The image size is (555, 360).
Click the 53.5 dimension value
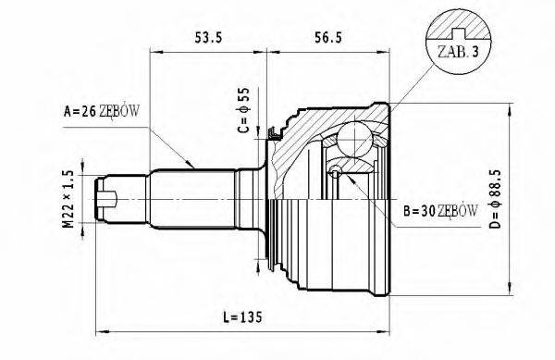[x=208, y=37]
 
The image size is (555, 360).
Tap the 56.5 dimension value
[x=328, y=37]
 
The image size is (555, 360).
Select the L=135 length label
[x=242, y=317]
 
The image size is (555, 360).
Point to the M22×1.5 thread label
[x=68, y=199]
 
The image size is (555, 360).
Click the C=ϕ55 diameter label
[x=244, y=110]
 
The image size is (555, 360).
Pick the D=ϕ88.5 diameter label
[x=496, y=199]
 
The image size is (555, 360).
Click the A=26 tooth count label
[x=102, y=111]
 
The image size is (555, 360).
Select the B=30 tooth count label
[x=440, y=211]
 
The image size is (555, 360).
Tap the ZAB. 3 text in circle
[x=458, y=52]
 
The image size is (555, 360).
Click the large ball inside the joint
[x=354, y=139]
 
